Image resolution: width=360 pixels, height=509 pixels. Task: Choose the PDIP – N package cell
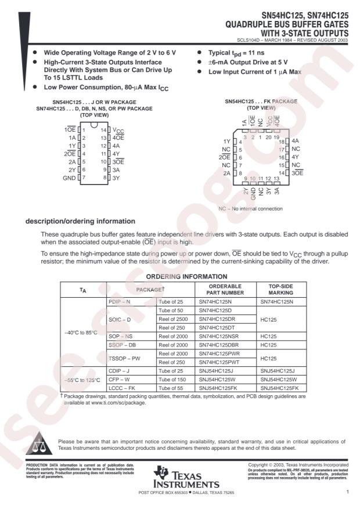coord(120,302)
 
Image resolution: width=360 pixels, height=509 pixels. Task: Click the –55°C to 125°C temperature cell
coord(82,380)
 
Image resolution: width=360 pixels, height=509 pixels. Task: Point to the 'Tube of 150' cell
coord(172,380)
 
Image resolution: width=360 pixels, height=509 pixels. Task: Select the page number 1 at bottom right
coord(347,492)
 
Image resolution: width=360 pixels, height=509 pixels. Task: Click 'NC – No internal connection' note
coord(251,208)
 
